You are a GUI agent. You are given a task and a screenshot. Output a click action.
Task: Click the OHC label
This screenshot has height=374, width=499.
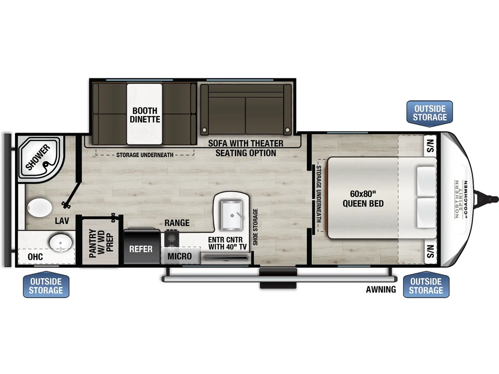pyautogui.click(x=35, y=257)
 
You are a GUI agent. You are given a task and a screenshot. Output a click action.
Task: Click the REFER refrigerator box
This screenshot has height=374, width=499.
pyautogui.click(x=141, y=248)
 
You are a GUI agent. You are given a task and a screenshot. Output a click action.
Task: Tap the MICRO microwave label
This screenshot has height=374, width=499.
pyautogui.click(x=179, y=256)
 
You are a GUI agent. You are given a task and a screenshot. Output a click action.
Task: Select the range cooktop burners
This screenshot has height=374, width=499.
pyautogui.click(x=172, y=238)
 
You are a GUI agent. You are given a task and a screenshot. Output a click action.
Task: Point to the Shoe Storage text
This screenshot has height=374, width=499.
pyautogui.click(x=255, y=227)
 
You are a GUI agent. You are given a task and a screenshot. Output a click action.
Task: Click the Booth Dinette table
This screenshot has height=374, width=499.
pyautogui.click(x=144, y=114)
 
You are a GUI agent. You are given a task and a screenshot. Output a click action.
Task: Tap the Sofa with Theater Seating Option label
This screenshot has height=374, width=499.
pyautogui.click(x=246, y=148)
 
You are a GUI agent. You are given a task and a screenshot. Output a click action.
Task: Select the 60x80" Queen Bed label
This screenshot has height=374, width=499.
pyautogui.click(x=363, y=199)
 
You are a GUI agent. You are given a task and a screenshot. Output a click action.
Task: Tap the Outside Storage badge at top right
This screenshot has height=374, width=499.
pyautogui.click(x=430, y=113)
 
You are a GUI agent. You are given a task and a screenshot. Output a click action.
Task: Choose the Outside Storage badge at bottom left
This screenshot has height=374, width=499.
pyautogui.click(x=46, y=286)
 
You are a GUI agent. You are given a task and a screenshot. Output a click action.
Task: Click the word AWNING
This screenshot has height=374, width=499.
pyautogui.click(x=381, y=289)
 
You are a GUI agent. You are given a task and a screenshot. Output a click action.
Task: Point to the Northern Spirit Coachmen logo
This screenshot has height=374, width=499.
pyautogui.click(x=460, y=199)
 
